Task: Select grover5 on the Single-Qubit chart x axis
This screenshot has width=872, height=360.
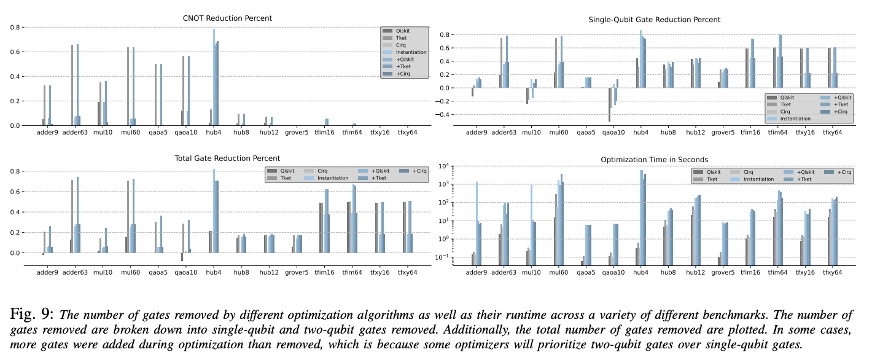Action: pyautogui.click(x=723, y=132)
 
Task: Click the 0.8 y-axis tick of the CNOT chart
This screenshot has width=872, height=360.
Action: pyautogui.click(x=15, y=28)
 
